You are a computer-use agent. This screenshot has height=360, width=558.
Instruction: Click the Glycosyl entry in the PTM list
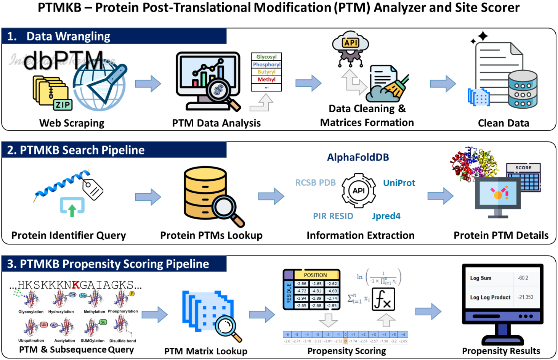click(x=266, y=57)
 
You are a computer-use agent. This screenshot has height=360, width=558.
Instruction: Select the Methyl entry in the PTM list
click(x=266, y=80)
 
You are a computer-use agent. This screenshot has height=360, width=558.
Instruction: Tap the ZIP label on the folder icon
click(x=63, y=105)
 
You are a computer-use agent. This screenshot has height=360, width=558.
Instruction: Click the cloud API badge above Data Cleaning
click(x=351, y=43)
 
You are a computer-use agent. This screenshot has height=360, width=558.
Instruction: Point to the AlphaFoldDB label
click(x=358, y=157)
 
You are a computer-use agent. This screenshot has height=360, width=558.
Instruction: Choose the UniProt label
click(x=399, y=183)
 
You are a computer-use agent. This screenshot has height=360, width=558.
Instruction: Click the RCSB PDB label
click(x=316, y=183)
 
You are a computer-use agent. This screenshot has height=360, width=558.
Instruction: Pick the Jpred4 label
click(x=386, y=216)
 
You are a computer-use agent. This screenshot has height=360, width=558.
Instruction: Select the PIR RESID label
click(x=333, y=216)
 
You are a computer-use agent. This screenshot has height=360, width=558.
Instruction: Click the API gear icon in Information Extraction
click(x=358, y=191)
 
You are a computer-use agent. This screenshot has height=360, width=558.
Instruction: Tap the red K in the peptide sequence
click(x=76, y=285)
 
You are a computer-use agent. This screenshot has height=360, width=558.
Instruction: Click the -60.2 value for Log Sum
click(x=523, y=278)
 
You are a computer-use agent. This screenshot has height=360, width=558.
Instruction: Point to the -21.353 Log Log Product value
click(x=525, y=297)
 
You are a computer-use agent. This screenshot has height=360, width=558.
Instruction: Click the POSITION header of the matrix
click(x=315, y=275)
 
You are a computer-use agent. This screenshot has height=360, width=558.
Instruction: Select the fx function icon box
click(x=383, y=300)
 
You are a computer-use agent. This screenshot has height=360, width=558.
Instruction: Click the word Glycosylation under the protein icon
click(x=31, y=312)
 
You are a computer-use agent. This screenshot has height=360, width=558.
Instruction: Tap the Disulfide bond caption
click(x=122, y=341)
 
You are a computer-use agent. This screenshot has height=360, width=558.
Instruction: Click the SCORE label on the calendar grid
click(x=523, y=168)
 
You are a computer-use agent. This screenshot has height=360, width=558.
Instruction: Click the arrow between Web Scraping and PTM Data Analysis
click(x=148, y=84)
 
